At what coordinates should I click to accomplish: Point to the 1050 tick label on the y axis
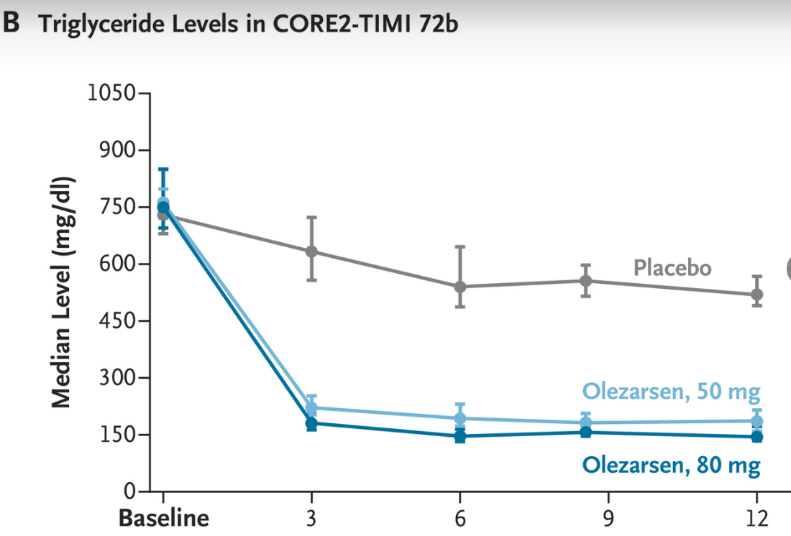[x=110, y=93]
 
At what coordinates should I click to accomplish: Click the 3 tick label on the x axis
[x=311, y=518]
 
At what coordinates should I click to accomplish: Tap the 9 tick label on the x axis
[x=608, y=518]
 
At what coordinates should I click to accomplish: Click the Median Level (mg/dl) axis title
[x=64, y=291]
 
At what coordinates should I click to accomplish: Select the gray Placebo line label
[x=672, y=268]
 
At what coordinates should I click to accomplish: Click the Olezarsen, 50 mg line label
[x=671, y=392]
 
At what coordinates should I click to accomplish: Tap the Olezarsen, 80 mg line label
[x=671, y=465]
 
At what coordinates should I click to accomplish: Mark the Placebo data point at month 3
[x=311, y=251]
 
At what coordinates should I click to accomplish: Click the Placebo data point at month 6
[x=460, y=287]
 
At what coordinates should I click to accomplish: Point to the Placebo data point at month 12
[x=756, y=295]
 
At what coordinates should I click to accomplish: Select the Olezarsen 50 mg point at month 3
[x=311, y=408]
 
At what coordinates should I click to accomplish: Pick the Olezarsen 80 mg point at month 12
[x=756, y=436]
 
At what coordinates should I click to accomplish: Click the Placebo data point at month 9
[x=586, y=280]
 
